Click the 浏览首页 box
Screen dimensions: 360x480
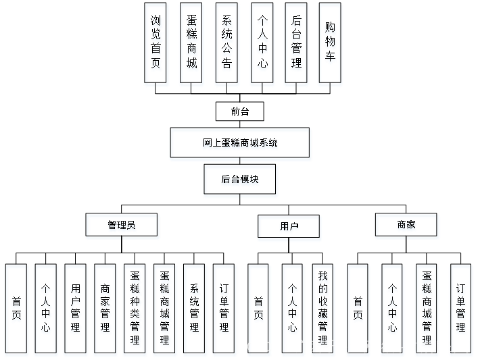pyautogui.click(x=157, y=45)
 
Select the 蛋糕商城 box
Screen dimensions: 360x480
pyautogui.click(x=192, y=45)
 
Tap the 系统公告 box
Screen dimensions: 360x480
pyautogui.click(x=227, y=45)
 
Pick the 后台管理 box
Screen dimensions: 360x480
pyautogui.click(x=297, y=45)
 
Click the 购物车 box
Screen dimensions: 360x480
pyautogui.click(x=330, y=45)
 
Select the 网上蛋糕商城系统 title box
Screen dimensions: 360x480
pyautogui.click(x=241, y=144)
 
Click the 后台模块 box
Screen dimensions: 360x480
pyautogui.click(x=241, y=181)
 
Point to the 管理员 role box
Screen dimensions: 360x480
pyautogui.click(x=122, y=226)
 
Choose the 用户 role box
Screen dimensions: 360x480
pyautogui.click(x=289, y=228)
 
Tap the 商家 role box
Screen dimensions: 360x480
pyautogui.click(x=407, y=226)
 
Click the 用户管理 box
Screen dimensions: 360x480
pyautogui.click(x=75, y=310)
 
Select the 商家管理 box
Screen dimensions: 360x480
pyautogui.click(x=105, y=310)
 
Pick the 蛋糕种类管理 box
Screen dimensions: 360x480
pyautogui.click(x=135, y=310)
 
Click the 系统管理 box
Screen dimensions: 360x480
pyautogui.click(x=195, y=310)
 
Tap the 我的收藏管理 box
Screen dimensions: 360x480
pyautogui.click(x=323, y=310)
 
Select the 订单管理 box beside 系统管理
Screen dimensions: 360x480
pyautogui.click(x=224, y=310)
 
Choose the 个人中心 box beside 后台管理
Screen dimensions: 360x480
pyautogui.click(x=262, y=45)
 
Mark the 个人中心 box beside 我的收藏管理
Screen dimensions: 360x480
pyautogui.click(x=293, y=310)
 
